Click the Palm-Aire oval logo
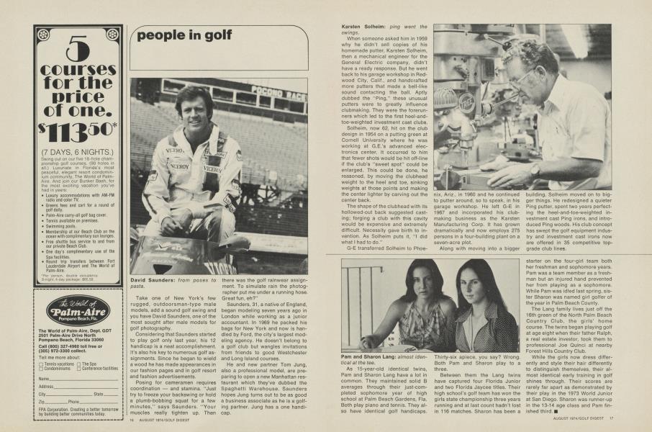click(77, 312)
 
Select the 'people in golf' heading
click(185, 34)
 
